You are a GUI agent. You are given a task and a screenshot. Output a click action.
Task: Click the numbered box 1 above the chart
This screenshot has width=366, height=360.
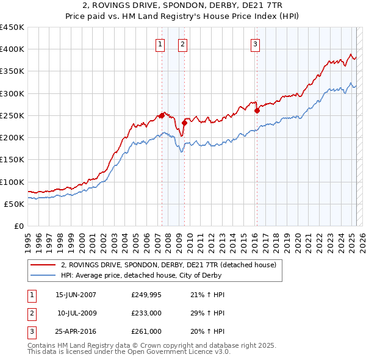point(160,43)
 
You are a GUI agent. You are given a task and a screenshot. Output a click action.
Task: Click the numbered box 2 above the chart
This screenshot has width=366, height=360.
point(182,43)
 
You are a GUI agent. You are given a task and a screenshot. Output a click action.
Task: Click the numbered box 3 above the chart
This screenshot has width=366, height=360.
point(255,43)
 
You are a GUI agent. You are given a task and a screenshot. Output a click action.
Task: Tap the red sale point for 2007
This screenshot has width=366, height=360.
point(162,115)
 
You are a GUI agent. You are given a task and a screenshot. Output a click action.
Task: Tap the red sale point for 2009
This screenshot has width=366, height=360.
point(184,123)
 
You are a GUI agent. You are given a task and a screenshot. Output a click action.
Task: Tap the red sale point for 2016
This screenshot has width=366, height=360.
point(257,110)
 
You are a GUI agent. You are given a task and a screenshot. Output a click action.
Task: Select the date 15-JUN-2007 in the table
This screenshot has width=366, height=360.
point(76,295)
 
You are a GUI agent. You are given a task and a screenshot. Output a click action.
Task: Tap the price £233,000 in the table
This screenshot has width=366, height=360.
point(146,313)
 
